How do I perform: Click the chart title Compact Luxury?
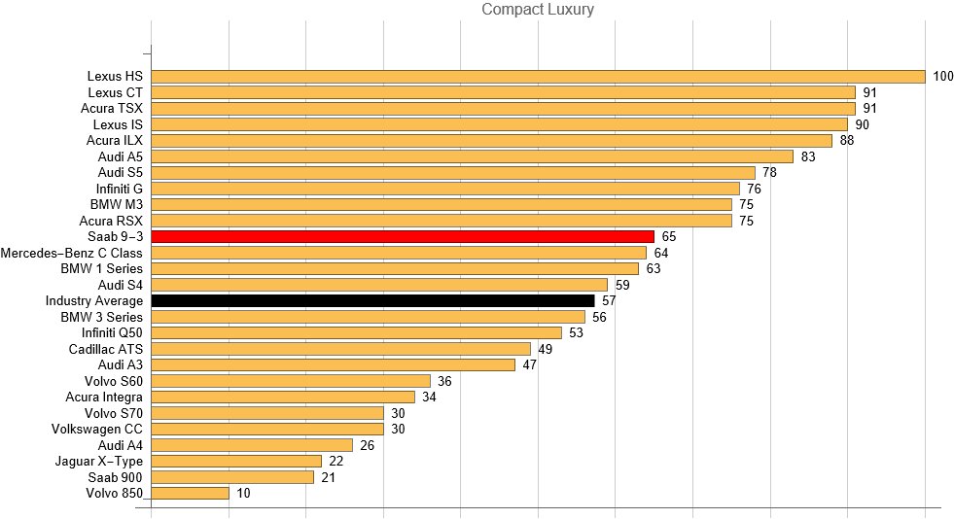pos(538,10)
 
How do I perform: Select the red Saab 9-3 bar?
pos(403,236)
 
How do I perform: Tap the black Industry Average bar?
pos(372,300)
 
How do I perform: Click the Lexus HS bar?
pos(538,76)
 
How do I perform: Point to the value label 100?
pos(942,76)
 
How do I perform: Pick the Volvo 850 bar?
pos(190,493)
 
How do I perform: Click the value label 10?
pos(243,493)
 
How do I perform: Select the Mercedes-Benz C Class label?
pos(71,253)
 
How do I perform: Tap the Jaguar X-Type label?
pos(98,461)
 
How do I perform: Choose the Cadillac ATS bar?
pos(340,348)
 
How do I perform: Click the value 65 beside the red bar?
pos(669,236)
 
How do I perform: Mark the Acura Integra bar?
pos(283,397)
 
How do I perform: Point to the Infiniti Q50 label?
pos(112,332)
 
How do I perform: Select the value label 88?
pos(847,140)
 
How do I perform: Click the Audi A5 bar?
pos(472,156)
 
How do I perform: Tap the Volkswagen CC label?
pos(96,429)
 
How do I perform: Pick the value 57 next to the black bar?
pos(609,300)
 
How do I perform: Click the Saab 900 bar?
pos(232,477)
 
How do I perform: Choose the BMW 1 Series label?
pos(101,268)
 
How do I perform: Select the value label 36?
pos(444,381)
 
